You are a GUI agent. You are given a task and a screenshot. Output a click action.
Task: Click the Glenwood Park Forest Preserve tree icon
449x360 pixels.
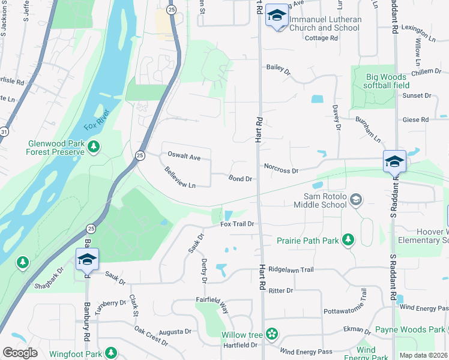(93, 146)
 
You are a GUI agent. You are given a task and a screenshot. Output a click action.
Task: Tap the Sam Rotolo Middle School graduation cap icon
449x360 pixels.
(355, 199)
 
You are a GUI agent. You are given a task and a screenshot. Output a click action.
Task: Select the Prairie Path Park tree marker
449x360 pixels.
(348, 240)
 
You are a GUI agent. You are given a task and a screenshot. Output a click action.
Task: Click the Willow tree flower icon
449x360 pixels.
(272, 334)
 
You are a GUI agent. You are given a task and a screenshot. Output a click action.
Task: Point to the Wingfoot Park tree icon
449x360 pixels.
(110, 353)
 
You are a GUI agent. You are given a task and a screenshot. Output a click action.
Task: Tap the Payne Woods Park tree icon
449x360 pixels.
(445, 329)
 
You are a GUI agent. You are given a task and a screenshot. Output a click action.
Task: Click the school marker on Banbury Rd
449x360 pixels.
(87, 259)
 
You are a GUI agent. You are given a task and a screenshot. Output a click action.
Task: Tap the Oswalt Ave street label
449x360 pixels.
(184, 158)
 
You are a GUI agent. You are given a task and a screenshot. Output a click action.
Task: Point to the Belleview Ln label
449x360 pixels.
(180, 178)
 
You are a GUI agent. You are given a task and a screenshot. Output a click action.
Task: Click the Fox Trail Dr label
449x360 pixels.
(238, 224)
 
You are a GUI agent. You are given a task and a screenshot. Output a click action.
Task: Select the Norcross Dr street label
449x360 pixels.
(280, 170)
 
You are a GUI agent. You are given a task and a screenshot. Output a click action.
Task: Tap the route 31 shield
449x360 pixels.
(4, 131)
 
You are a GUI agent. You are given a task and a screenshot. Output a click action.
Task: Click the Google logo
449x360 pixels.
(20, 353)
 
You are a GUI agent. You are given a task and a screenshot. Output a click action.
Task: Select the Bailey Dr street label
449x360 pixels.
(278, 70)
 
